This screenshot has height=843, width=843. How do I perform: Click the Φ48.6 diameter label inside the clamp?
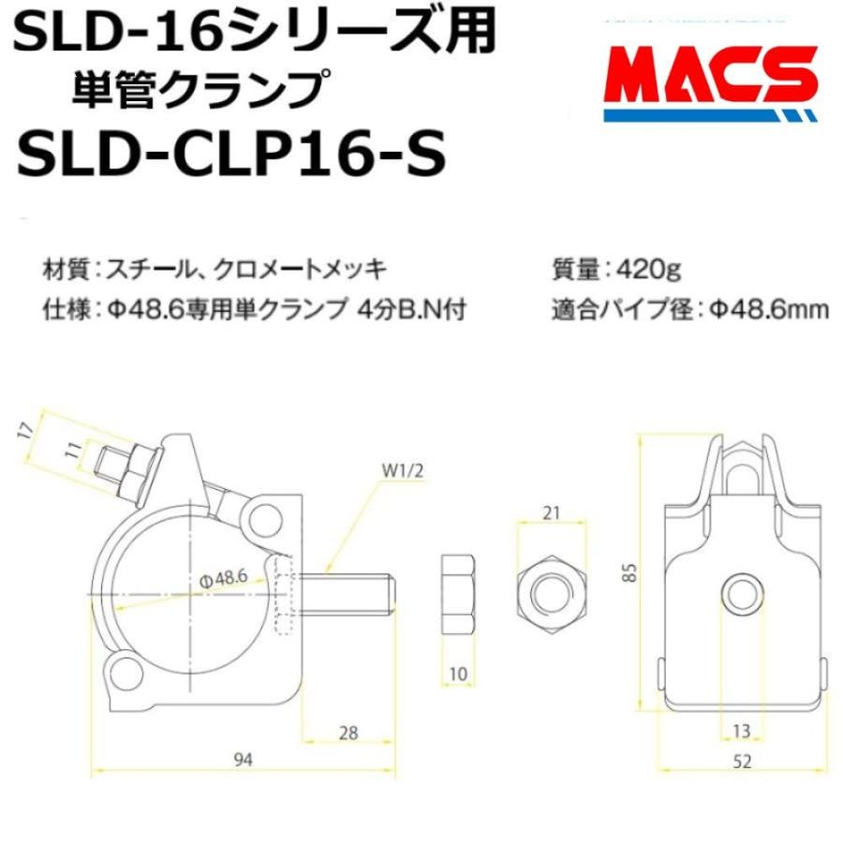click(x=222, y=579)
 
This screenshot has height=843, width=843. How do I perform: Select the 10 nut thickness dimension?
click(x=456, y=674)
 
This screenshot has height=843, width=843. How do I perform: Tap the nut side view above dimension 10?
click(x=457, y=594)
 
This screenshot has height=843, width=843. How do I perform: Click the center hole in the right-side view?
click(x=743, y=593)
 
